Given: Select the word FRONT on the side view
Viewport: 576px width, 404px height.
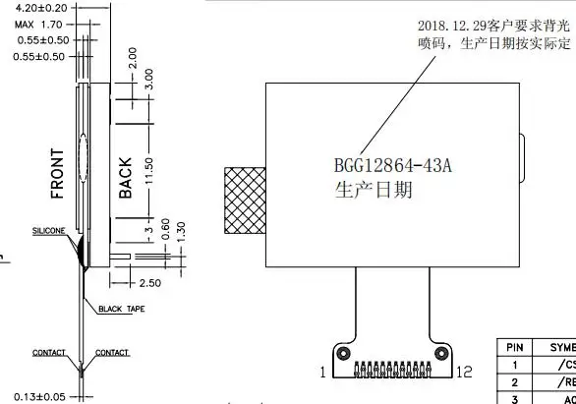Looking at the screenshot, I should point(58,173).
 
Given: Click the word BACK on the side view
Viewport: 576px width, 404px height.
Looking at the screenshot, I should point(125,178).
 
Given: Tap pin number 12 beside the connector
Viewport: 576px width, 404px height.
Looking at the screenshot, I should point(463,372).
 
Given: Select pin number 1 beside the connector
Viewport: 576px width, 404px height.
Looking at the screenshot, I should point(321,372).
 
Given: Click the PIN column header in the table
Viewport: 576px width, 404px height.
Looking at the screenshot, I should point(513,347).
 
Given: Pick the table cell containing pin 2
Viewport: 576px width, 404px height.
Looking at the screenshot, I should point(513,381).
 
